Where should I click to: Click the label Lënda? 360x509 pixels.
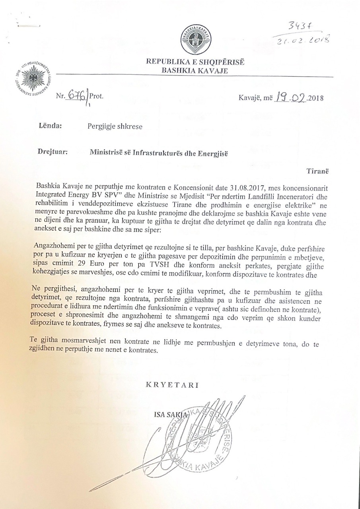coord(50,126)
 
